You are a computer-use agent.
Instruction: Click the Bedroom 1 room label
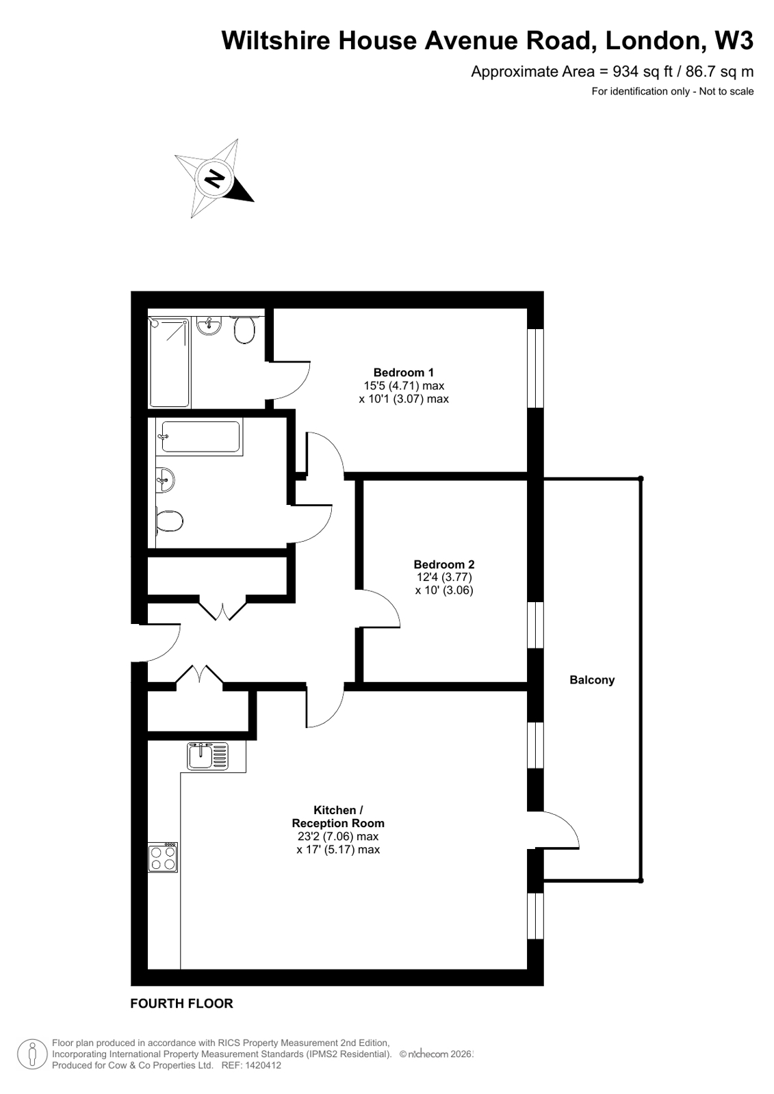tap(403, 373)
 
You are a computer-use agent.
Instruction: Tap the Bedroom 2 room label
tap(443, 564)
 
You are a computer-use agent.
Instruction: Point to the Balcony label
tap(592, 680)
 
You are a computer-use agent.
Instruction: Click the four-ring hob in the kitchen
tap(163, 857)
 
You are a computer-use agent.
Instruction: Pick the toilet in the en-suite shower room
tap(244, 331)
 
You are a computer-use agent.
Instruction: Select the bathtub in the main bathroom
tap(199, 437)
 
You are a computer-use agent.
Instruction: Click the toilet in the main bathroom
tap(168, 521)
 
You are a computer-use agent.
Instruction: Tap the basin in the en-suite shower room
tap(208, 326)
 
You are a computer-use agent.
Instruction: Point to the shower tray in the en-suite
tap(169, 362)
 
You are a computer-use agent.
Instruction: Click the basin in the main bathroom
tap(165, 479)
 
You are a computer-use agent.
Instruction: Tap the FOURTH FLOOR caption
tap(181, 1004)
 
